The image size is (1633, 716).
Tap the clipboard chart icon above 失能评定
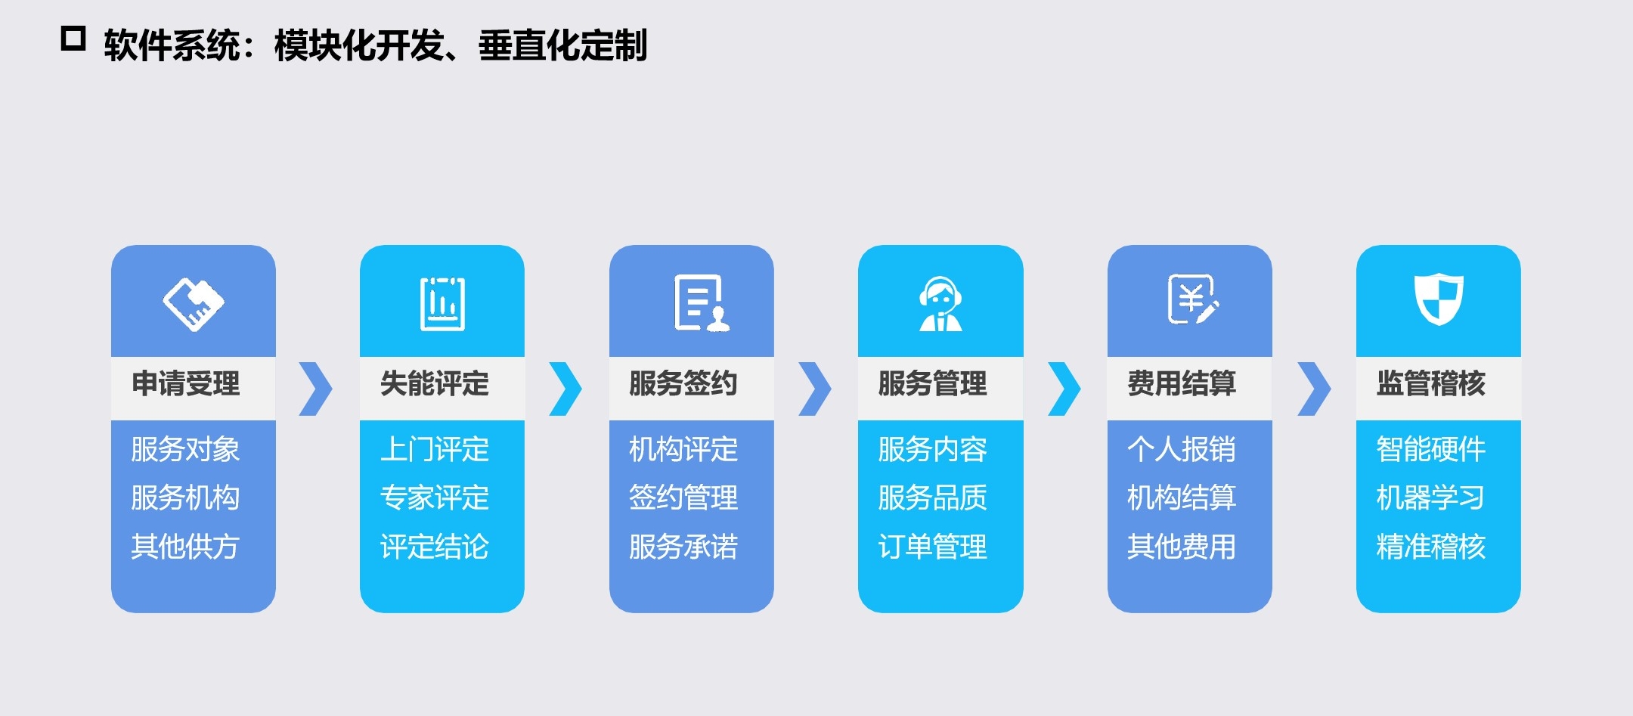[x=442, y=304]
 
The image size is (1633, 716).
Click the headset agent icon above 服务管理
[x=940, y=304]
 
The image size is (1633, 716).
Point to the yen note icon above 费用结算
[x=1192, y=300]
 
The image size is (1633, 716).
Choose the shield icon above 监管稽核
[x=1439, y=299]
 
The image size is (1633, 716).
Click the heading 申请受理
[x=186, y=383]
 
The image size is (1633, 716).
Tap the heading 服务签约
[x=683, y=383]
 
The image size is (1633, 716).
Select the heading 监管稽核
[x=1430, y=383]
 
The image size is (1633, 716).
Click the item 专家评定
[x=435, y=497]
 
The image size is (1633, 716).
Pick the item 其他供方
[x=185, y=546]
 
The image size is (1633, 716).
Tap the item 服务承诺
[x=683, y=546]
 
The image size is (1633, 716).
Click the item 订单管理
[x=932, y=546]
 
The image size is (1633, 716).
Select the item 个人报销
[x=1181, y=449]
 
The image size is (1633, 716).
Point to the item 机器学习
[x=1430, y=497]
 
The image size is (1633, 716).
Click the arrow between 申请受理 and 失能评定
[x=316, y=389]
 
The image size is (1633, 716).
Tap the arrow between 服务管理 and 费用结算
[x=1064, y=389]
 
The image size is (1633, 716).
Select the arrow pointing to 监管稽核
[x=1313, y=389]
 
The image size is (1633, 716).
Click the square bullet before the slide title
[x=73, y=39]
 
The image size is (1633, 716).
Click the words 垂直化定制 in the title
[x=562, y=45]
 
